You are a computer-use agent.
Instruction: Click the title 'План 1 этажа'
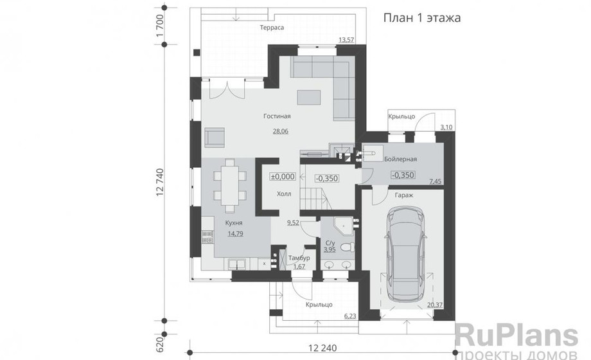pos(422,18)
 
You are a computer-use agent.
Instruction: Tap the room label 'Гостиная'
pos(277,116)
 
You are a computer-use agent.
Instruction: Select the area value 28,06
pos(281,131)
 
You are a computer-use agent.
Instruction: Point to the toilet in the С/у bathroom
pos(347,247)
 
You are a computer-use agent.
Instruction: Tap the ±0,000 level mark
pos(282,176)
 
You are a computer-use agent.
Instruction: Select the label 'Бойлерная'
pos(400,159)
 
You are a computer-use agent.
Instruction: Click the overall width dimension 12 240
pos(322,348)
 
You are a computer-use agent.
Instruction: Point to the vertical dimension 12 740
pos(159,183)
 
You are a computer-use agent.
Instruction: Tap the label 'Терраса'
pos(271,28)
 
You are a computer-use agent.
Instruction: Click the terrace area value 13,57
pos(346,40)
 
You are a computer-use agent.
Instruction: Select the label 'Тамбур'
pos(299,258)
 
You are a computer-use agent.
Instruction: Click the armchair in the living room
pos(215,137)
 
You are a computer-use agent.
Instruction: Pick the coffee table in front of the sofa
pos(309,97)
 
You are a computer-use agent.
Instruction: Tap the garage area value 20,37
pos(435,305)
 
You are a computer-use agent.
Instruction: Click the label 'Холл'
pos(284,194)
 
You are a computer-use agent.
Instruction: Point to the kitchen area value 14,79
pos(235,233)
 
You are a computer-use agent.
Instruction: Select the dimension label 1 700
pos(159,26)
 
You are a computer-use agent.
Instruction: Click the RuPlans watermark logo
pos(516,337)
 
